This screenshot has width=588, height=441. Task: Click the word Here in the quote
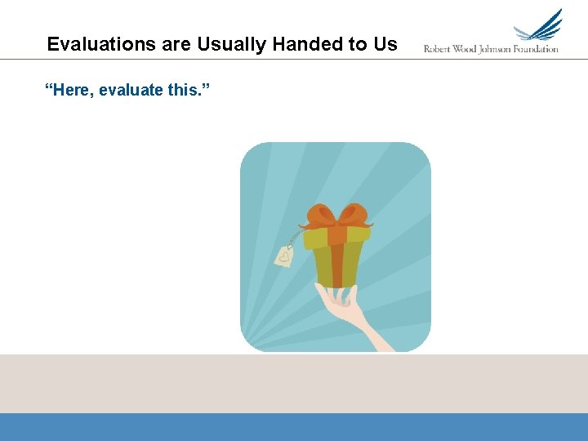(72, 89)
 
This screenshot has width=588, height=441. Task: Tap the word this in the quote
(185, 89)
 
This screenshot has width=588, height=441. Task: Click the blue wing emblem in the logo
(541, 27)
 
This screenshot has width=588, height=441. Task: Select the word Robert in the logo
(439, 49)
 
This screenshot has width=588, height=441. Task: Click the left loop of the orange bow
(319, 216)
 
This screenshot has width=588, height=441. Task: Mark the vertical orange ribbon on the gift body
(336, 265)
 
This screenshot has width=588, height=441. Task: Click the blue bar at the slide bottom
(294, 426)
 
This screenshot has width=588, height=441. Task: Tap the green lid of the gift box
(359, 234)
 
